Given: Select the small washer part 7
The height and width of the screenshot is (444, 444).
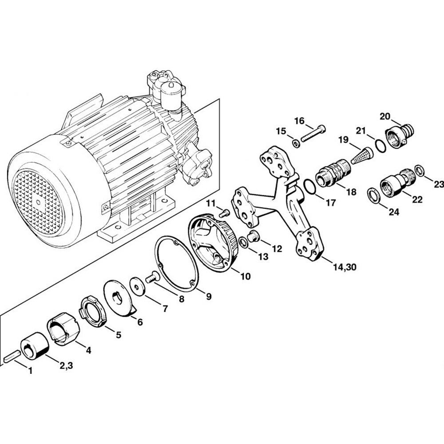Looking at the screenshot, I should coord(137,285).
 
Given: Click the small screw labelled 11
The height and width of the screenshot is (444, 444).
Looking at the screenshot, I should coord(245,276).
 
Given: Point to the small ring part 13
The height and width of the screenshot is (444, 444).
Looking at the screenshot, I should coord(254,236).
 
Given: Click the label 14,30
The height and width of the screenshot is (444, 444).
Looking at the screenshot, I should coord(243,242).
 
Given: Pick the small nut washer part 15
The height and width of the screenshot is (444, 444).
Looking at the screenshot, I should coord(344,267).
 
